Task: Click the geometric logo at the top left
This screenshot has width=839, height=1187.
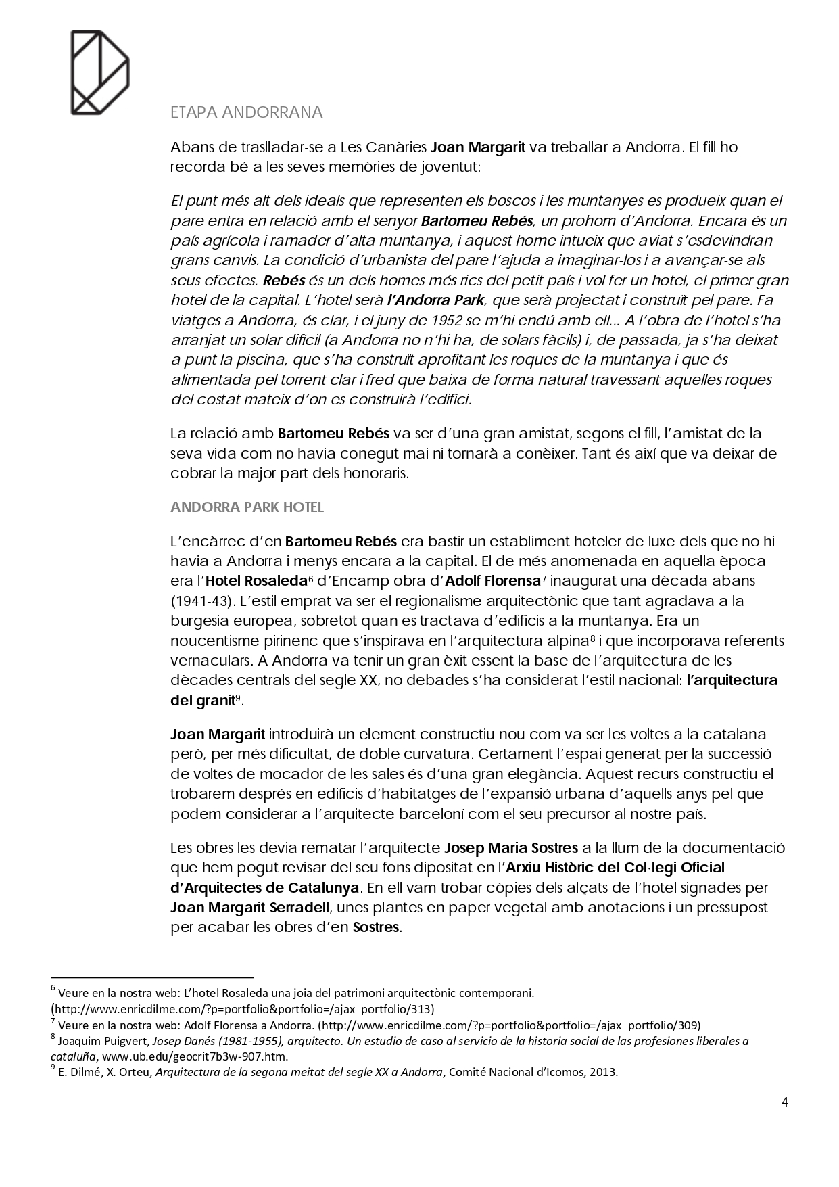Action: point(100,72)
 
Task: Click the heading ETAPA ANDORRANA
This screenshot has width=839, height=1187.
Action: point(247,112)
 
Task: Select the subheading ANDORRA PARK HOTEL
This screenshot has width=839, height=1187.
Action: point(247,507)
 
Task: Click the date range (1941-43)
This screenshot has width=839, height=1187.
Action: point(201,601)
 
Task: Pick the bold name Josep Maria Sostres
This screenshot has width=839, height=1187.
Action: point(510,848)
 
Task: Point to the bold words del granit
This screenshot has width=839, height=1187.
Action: point(202,701)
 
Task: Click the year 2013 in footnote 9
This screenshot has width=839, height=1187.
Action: point(604,1072)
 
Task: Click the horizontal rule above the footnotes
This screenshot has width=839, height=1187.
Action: point(152,977)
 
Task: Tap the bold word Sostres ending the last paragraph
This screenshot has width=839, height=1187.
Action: point(376,927)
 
